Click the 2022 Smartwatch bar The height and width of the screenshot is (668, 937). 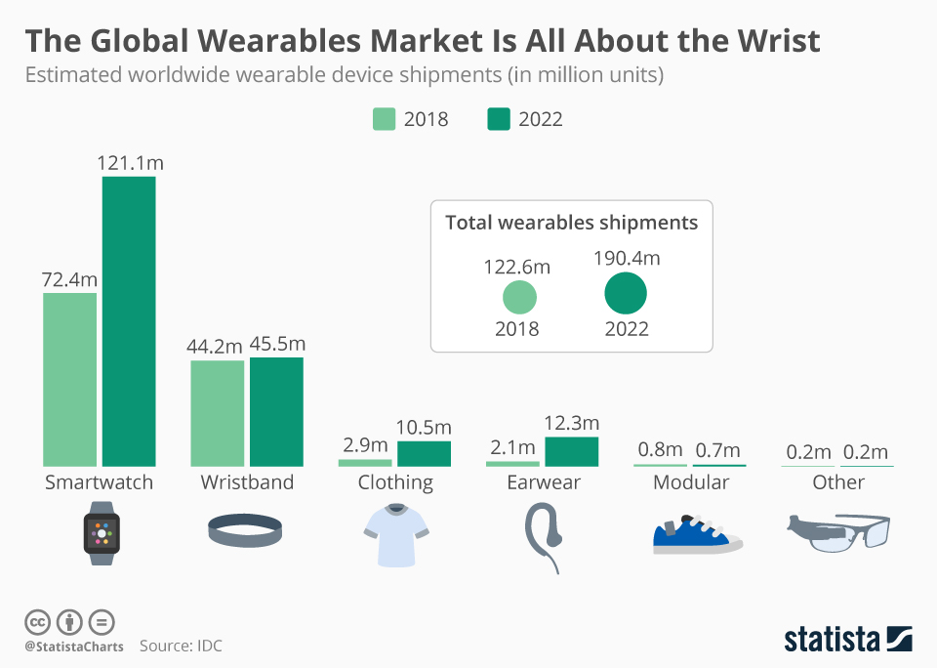(129, 321)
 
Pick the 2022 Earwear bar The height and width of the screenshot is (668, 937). (571, 451)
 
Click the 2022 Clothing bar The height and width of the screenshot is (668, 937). (424, 454)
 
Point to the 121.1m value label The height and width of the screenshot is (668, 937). (130, 163)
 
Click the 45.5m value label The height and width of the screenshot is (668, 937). (277, 344)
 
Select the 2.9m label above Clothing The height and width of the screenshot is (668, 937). (364, 444)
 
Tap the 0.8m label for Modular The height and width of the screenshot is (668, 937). (660, 450)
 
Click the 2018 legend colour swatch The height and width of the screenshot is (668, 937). (384, 119)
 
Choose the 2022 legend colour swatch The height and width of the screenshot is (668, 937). (498, 119)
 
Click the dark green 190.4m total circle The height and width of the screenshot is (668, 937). (626, 293)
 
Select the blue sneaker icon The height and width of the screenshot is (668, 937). (695, 534)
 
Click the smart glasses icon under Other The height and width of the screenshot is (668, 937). (838, 532)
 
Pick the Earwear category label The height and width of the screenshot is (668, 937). (544, 482)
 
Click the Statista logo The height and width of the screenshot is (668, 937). (847, 640)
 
